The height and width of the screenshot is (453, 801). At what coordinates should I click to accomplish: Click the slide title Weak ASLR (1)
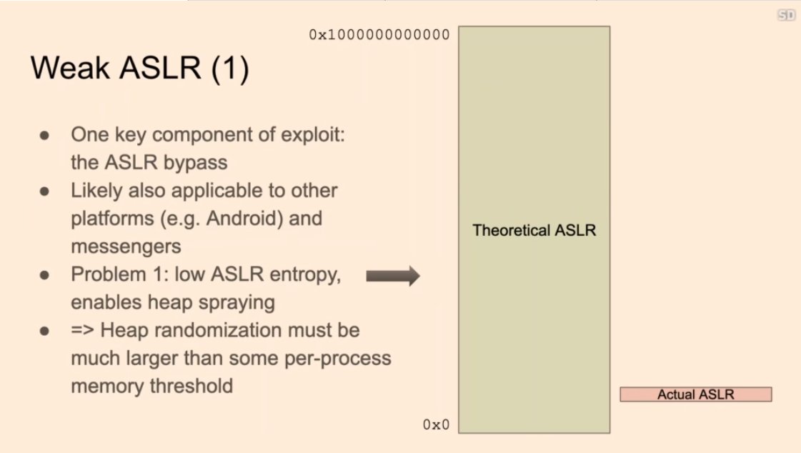[x=139, y=70]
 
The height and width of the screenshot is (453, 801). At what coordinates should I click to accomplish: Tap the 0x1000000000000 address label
[x=379, y=34]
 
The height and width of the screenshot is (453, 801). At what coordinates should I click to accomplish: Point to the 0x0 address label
[x=436, y=425]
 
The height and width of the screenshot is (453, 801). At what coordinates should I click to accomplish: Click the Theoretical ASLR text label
[x=534, y=231]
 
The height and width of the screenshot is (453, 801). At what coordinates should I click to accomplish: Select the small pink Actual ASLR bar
[x=695, y=394]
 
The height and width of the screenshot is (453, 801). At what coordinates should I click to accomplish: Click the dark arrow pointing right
[x=392, y=276]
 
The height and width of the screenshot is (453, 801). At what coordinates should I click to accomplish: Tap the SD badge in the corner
[x=787, y=15]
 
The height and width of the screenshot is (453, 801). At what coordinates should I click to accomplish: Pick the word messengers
[x=126, y=246]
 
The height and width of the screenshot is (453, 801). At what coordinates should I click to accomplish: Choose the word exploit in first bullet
[x=309, y=134]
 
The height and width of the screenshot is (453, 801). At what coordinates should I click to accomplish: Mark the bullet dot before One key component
[x=45, y=134]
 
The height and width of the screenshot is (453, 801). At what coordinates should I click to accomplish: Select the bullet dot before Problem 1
[x=45, y=275]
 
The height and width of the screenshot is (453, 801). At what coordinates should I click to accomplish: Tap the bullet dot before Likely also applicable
[x=45, y=191]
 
